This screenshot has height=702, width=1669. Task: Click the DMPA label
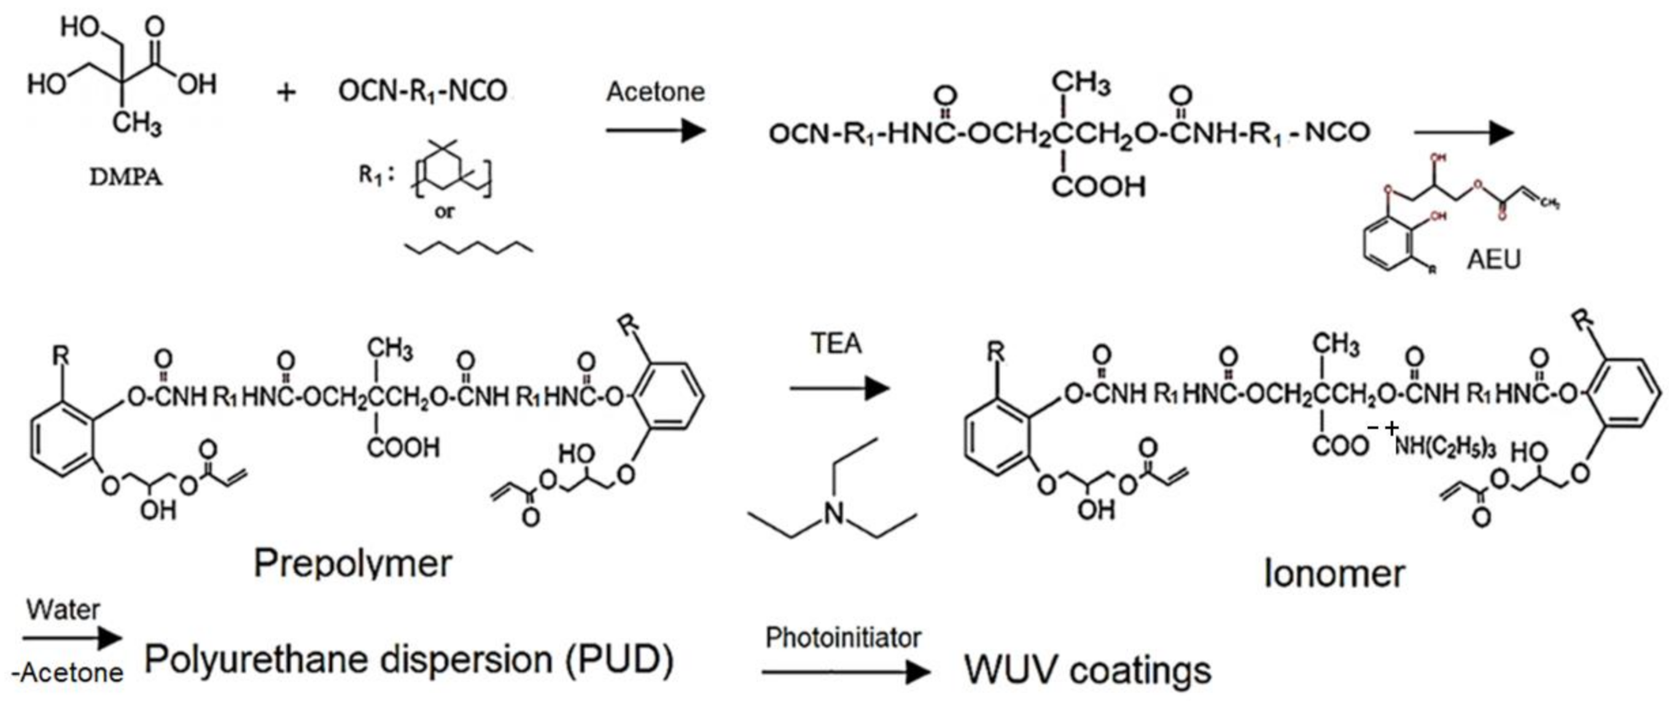click(126, 176)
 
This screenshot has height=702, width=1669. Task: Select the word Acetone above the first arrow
click(655, 92)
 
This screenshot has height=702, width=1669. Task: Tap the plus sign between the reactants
click(286, 93)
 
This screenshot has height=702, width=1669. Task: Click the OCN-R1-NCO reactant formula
click(422, 91)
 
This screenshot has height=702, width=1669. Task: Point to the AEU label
click(1493, 260)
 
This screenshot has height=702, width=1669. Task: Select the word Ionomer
click(1334, 574)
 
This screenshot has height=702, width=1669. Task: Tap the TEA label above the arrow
click(836, 343)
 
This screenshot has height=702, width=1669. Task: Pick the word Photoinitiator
click(843, 638)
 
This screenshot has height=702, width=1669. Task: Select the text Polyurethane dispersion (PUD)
click(409, 660)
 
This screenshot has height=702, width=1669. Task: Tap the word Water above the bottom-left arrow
click(63, 610)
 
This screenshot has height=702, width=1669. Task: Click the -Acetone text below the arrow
click(68, 674)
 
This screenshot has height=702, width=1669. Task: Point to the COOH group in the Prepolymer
click(403, 447)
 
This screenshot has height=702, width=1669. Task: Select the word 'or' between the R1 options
click(445, 211)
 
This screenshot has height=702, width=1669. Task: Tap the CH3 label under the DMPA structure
click(136, 121)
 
